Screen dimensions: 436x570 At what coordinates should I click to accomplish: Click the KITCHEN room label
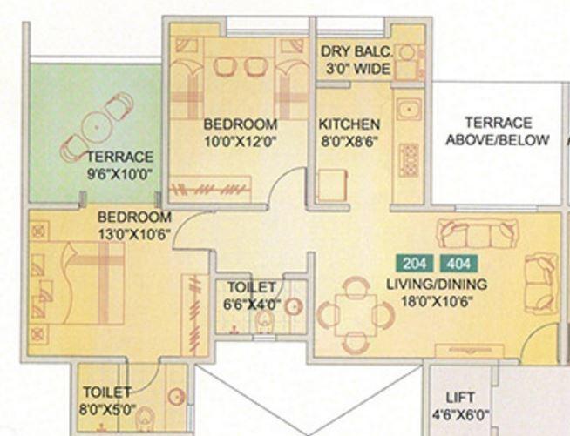pos(349,124)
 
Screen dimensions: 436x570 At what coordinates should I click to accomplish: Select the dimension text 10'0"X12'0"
pos(240,141)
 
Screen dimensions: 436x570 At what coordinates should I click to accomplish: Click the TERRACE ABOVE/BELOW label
pos(498,131)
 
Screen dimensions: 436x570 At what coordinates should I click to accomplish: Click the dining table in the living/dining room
pos(356,314)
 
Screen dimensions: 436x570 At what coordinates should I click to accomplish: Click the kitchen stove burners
pos(408,159)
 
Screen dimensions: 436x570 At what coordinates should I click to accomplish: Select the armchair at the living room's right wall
pos(540,280)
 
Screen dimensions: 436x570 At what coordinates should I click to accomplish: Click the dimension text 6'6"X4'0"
pos(251,304)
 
